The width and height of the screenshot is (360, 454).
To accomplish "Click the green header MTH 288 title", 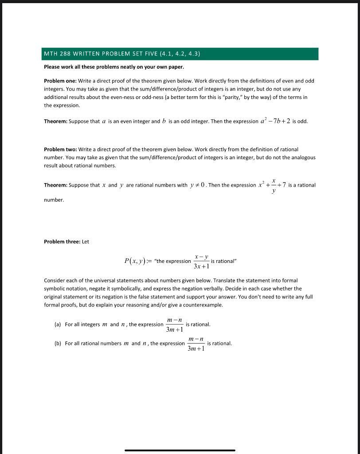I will tap(122, 54).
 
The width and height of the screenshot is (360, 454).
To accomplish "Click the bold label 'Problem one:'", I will tap(60, 81).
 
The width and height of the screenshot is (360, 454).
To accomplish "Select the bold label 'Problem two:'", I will tap(60, 149).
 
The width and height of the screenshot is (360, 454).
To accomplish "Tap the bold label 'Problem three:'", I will tap(62, 242).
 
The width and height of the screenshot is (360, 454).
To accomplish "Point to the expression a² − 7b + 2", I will tap(275, 121).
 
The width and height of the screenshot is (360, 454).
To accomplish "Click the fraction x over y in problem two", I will tap(274, 185).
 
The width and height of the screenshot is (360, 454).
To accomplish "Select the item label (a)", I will tap(57, 325).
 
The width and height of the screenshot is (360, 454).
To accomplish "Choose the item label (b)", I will tap(57, 344).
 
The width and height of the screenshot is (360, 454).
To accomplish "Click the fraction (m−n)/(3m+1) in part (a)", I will tap(174, 325).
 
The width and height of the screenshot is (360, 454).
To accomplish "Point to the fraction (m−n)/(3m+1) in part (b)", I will tap(196, 344).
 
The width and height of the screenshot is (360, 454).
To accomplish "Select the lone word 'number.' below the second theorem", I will tap(54, 200).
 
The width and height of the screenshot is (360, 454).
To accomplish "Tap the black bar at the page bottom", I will tap(180, 450).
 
